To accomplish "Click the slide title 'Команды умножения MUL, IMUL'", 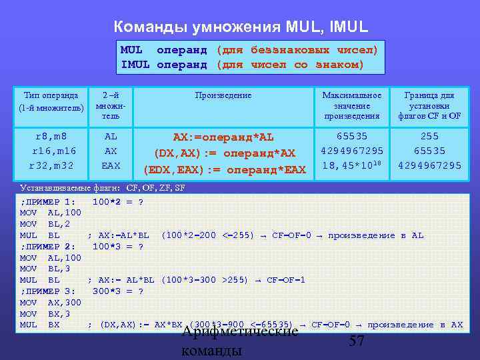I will [x=240, y=27].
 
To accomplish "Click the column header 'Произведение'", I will [x=223, y=95].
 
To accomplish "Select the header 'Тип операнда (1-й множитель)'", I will [x=51, y=101].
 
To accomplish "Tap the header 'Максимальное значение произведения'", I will [x=351, y=105].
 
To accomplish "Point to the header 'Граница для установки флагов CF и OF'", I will [x=429, y=105].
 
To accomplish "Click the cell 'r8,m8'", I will [x=51, y=137].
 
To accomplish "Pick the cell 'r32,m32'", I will [x=51, y=165].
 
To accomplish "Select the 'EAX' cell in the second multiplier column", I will [x=111, y=165].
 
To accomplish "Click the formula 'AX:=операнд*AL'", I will [x=223, y=137].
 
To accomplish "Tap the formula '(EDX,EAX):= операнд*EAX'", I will [x=223, y=169].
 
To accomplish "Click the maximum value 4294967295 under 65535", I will [x=351, y=151].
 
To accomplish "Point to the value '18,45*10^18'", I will [x=351, y=165].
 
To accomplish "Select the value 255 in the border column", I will [x=429, y=137].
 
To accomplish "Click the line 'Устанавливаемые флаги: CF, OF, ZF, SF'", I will [x=103, y=188].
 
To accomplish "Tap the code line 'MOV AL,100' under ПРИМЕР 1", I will [x=51, y=213].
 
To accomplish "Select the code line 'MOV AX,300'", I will [x=51, y=303].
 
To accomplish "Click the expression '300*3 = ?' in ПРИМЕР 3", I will [x=118, y=291].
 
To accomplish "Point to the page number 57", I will [x=357, y=341].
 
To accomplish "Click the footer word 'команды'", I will [x=212, y=351].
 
